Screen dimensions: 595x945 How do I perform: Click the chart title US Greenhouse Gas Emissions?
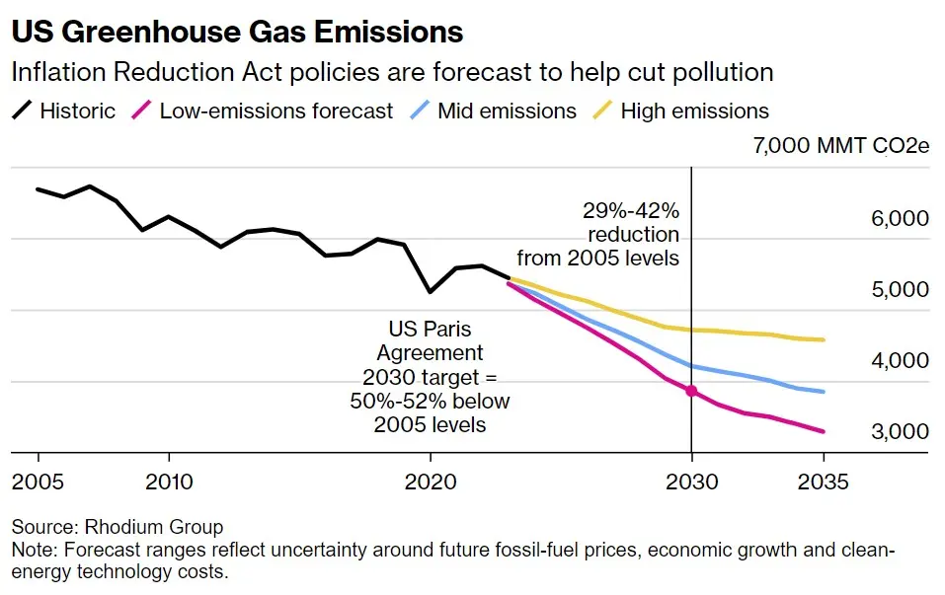(x=237, y=32)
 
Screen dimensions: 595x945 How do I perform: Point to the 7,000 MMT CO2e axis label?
(x=840, y=147)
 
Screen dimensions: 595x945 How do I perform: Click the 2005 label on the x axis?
(x=39, y=483)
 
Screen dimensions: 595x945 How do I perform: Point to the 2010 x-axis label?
(x=169, y=483)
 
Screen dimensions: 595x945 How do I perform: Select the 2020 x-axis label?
(x=431, y=483)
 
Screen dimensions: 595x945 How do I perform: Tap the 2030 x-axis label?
(x=691, y=483)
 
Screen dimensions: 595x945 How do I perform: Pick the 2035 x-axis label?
(x=823, y=483)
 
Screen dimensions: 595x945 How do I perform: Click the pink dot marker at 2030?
(x=691, y=392)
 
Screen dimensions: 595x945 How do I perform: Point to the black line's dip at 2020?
(x=430, y=292)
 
